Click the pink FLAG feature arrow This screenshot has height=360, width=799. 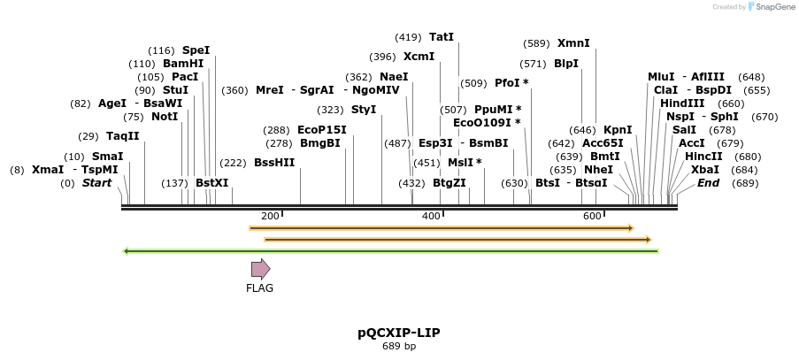(260, 269)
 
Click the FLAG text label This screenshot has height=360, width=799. (260, 287)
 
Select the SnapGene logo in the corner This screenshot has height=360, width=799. (768, 7)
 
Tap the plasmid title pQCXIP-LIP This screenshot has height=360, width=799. (399, 333)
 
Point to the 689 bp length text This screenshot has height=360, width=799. (399, 347)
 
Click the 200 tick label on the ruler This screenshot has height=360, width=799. (271, 217)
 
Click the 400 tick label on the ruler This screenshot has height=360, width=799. (431, 217)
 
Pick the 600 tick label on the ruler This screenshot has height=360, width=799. (592, 217)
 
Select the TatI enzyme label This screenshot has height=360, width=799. (441, 37)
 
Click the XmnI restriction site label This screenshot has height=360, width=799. (573, 42)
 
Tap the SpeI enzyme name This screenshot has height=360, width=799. (196, 50)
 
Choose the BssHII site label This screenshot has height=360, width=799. (274, 163)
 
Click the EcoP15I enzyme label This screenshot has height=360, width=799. (322, 129)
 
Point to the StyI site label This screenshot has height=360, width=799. (364, 110)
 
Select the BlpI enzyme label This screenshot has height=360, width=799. (566, 64)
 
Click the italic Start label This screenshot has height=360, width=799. (97, 183)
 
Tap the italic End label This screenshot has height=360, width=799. (708, 183)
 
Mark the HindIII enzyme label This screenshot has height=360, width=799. (682, 103)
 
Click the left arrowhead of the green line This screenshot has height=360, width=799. (126, 251)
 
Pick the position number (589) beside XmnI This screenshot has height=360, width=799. (536, 43)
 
